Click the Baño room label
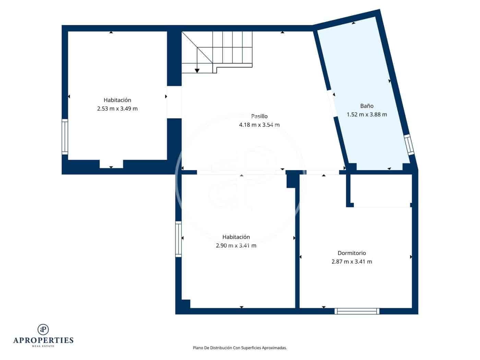pyautogui.click(x=367, y=106)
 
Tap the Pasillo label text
pyautogui.click(x=259, y=116)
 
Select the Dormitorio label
pyautogui.click(x=352, y=253)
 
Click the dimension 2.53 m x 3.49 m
pyautogui.click(x=117, y=109)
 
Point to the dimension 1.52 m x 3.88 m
pyautogui.click(x=367, y=115)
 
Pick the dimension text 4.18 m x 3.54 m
pyautogui.click(x=259, y=125)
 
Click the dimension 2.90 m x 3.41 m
pyautogui.click(x=236, y=245)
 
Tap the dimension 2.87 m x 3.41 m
pyautogui.click(x=352, y=262)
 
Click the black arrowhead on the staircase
pyautogui.click(x=197, y=71)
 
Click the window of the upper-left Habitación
pyautogui.click(x=64, y=136)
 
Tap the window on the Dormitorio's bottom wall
pyautogui.click(x=357, y=311)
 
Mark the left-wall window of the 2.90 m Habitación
pyautogui.click(x=178, y=239)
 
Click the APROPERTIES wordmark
pyautogui.click(x=43, y=340)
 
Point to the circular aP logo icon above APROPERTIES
pyautogui.click(x=43, y=329)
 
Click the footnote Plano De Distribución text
pyautogui.click(x=240, y=348)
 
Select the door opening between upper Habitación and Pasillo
pyautogui.click(x=174, y=102)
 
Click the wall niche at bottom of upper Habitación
pyautogui.click(x=111, y=164)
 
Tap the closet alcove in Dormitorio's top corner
pyautogui.click(x=381, y=190)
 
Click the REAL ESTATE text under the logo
pyautogui.click(x=43, y=346)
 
